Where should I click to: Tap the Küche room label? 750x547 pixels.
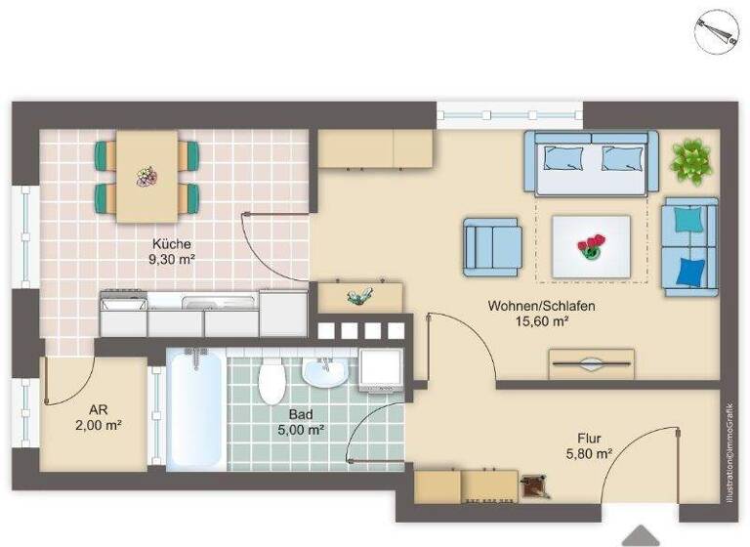pyautogui.click(x=171, y=244)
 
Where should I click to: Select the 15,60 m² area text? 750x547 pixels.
pyautogui.click(x=542, y=320)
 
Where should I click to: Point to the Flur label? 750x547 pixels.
pyautogui.click(x=588, y=439)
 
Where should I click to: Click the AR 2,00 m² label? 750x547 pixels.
pyautogui.click(x=97, y=417)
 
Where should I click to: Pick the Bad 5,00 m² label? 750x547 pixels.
pyautogui.click(x=298, y=421)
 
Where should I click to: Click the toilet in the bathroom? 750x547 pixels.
pyautogui.click(x=271, y=381)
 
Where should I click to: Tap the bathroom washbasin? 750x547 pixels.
pyautogui.click(x=324, y=371)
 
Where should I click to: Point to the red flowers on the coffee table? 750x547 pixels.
pyautogui.click(x=590, y=244)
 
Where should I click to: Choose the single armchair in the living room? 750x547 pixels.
pyautogui.click(x=491, y=246)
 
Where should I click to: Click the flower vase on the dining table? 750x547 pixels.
pyautogui.click(x=146, y=176)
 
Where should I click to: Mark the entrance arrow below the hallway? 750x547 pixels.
pyautogui.click(x=642, y=534)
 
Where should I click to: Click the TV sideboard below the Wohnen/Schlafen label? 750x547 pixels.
pyautogui.click(x=591, y=364)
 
